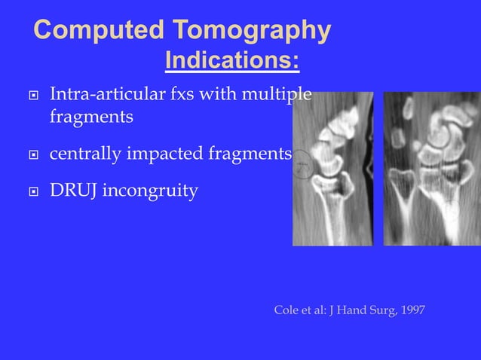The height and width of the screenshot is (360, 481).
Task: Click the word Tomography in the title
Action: point(251,32)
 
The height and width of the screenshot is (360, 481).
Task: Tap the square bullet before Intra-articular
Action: point(31,96)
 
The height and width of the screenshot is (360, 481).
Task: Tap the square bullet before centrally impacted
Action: point(31,155)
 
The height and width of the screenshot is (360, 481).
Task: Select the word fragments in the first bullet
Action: point(91,118)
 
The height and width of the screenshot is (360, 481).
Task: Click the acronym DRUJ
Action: point(73,191)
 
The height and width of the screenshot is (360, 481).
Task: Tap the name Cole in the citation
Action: point(286,310)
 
